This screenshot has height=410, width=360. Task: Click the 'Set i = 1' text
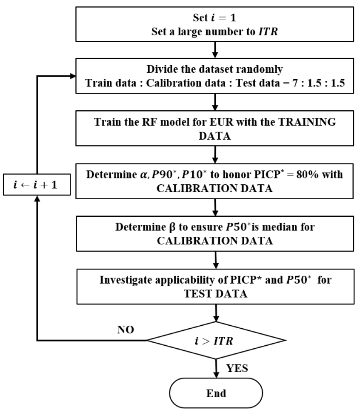click(x=216, y=18)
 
